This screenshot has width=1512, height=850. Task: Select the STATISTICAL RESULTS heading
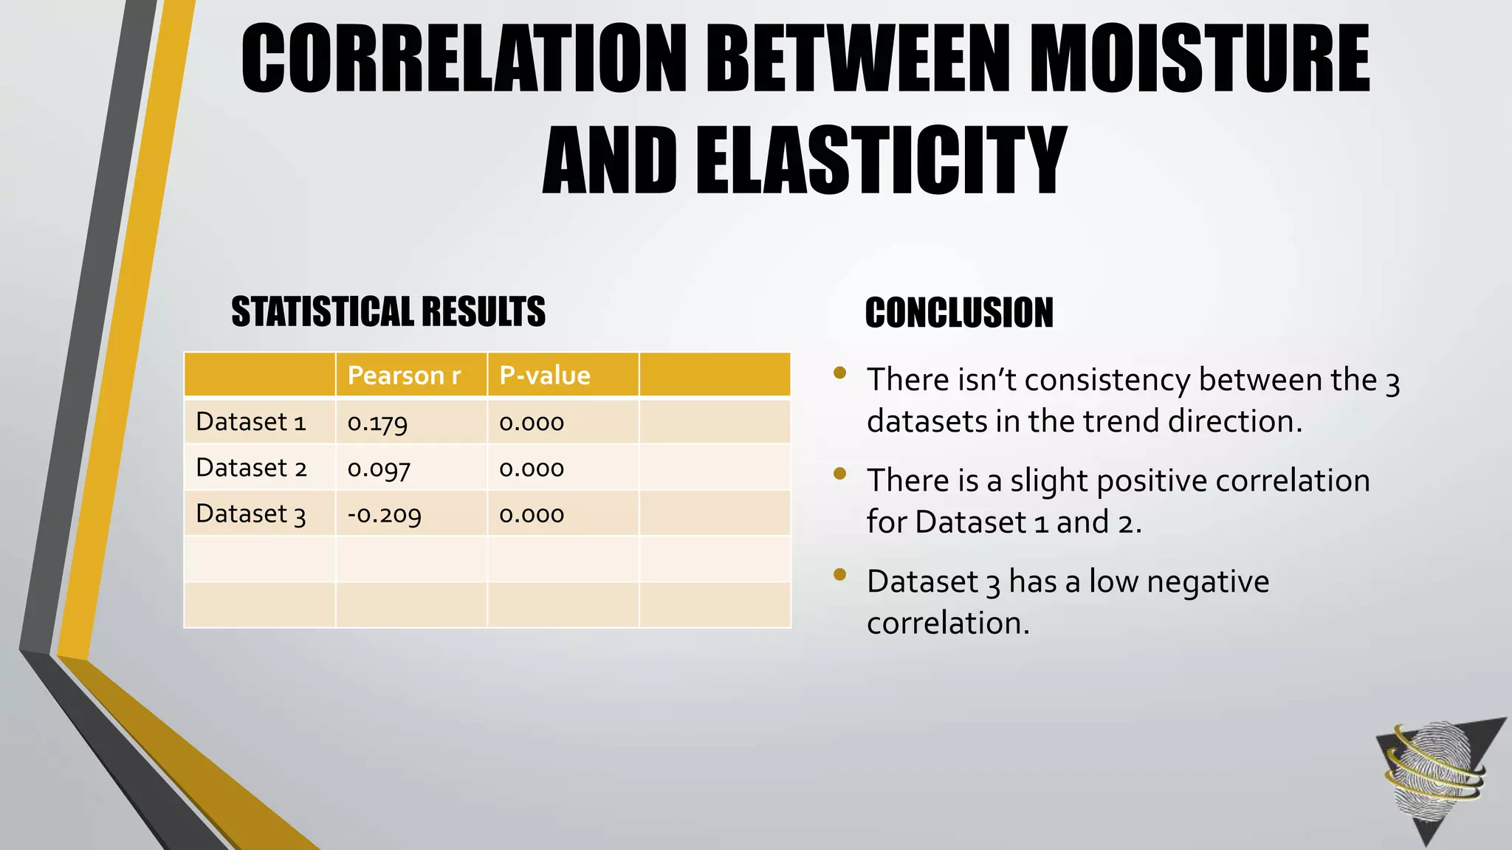click(388, 311)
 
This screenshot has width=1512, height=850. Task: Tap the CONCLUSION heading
click(959, 312)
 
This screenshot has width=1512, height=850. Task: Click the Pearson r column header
click(404, 376)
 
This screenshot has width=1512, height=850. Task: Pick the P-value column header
click(545, 376)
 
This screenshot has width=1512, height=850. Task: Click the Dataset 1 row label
click(251, 422)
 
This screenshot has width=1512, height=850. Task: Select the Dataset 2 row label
click(251, 468)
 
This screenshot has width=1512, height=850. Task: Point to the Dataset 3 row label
click(251, 514)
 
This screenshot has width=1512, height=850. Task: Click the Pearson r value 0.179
click(377, 423)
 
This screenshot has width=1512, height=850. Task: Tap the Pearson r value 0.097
click(379, 469)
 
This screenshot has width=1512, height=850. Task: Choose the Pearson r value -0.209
click(384, 514)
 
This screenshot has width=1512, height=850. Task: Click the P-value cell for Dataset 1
click(532, 423)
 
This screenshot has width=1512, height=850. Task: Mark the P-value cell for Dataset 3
click(532, 514)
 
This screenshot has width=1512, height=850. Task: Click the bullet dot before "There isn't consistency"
click(839, 373)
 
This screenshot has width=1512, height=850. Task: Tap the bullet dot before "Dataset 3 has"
click(839, 575)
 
